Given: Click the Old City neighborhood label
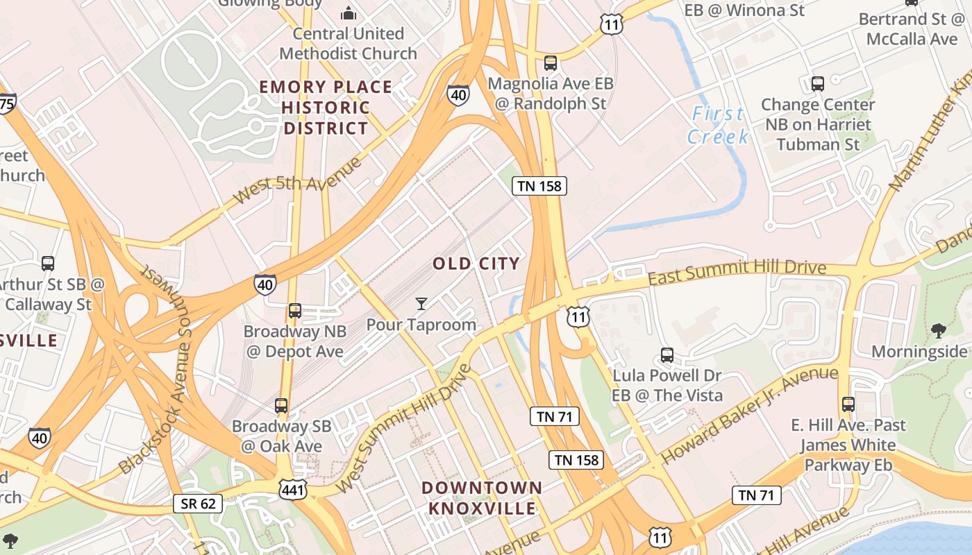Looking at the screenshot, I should [x=476, y=264].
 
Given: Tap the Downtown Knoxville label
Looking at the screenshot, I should [x=482, y=497].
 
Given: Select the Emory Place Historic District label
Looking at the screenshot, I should [x=326, y=108].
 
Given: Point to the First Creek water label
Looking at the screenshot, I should [x=718, y=125].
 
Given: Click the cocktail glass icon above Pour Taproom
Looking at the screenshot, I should [x=421, y=304].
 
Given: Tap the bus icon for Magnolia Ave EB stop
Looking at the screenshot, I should [x=551, y=63].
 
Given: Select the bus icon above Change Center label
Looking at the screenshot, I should [x=817, y=84].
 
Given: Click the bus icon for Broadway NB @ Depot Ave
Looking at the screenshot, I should [x=294, y=310].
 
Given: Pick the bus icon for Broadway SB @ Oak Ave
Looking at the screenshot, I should [x=281, y=405].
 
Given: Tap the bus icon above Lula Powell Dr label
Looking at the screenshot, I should [x=667, y=355].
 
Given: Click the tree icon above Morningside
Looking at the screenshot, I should [x=939, y=331].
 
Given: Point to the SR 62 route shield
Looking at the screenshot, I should [x=198, y=503].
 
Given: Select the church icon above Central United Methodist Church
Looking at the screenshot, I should [x=348, y=13].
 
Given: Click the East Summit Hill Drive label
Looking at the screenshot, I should [x=737, y=273].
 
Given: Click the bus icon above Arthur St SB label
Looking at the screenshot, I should [x=48, y=264].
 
